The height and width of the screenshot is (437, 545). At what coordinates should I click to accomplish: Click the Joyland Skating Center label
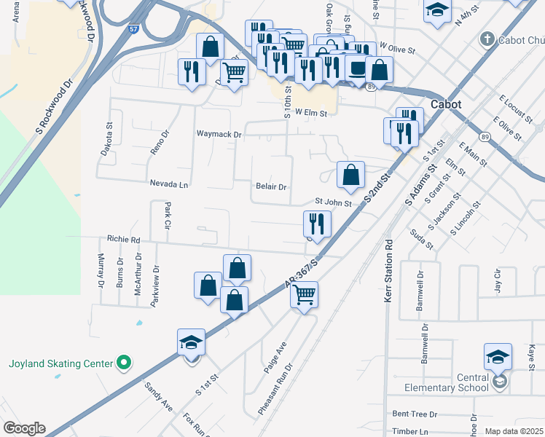(60, 363)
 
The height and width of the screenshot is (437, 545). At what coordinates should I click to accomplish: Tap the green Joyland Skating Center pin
(123, 362)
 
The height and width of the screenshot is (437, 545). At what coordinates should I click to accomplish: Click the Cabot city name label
(445, 104)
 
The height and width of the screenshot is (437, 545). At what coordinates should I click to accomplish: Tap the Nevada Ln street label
(169, 185)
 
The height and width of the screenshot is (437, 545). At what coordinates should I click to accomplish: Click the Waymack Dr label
(219, 135)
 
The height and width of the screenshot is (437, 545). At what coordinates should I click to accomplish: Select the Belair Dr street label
(271, 186)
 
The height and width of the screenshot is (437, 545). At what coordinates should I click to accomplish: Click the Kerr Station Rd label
(388, 270)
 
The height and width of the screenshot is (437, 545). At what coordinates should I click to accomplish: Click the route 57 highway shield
(133, 30)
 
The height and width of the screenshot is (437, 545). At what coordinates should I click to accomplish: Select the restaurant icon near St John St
(317, 223)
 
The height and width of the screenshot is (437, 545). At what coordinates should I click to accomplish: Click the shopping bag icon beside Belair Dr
(350, 175)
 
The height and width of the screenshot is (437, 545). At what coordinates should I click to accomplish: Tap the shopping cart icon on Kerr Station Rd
(304, 294)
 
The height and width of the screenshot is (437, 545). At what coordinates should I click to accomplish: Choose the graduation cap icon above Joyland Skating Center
(191, 342)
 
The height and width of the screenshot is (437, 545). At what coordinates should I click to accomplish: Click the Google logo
(24, 428)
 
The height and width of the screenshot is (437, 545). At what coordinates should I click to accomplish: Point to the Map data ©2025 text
(513, 431)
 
